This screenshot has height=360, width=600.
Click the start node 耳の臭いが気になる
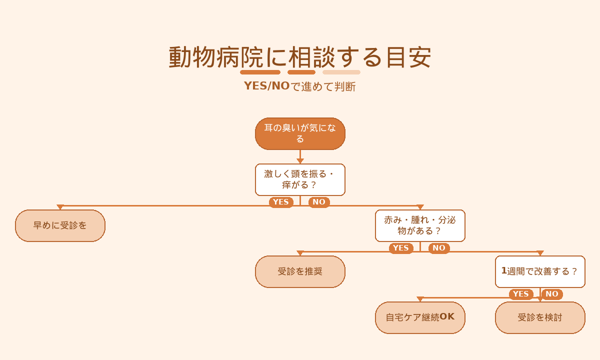pyautogui.click(x=300, y=133)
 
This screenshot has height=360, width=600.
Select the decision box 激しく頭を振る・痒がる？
pyautogui.click(x=300, y=179)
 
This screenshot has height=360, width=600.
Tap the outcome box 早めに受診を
pyautogui.click(x=60, y=226)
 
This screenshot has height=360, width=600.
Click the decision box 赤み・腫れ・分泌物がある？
pyautogui.click(x=420, y=226)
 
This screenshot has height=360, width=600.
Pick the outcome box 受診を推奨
pyautogui.click(x=300, y=272)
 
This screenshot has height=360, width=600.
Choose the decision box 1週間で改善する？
pyautogui.click(x=540, y=272)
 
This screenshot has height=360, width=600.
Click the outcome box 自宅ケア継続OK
pyautogui.click(x=420, y=318)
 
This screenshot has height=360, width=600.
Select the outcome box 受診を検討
pyautogui.click(x=540, y=318)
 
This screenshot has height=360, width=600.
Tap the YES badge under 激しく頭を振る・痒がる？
pyautogui.click(x=281, y=202)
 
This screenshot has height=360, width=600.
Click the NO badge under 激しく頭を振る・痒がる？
pyautogui.click(x=319, y=202)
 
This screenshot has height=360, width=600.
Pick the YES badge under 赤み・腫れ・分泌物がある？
pyautogui.click(x=401, y=248)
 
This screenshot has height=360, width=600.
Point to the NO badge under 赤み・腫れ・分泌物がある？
pyautogui.click(x=439, y=248)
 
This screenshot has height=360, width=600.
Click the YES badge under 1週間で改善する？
pyautogui.click(x=521, y=294)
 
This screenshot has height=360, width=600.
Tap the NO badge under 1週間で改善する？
pyautogui.click(x=552, y=294)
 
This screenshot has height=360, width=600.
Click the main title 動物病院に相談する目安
pyautogui.click(x=300, y=57)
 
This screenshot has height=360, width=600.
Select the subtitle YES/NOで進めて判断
pyautogui.click(x=300, y=86)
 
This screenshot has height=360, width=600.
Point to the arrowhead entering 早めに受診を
pyautogui.click(x=60, y=207)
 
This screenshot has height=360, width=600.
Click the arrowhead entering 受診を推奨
pyautogui.click(x=300, y=253)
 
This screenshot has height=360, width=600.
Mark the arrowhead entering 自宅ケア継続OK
pyautogui.click(x=420, y=299)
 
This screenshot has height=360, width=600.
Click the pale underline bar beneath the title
pyautogui.click(x=341, y=72)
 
